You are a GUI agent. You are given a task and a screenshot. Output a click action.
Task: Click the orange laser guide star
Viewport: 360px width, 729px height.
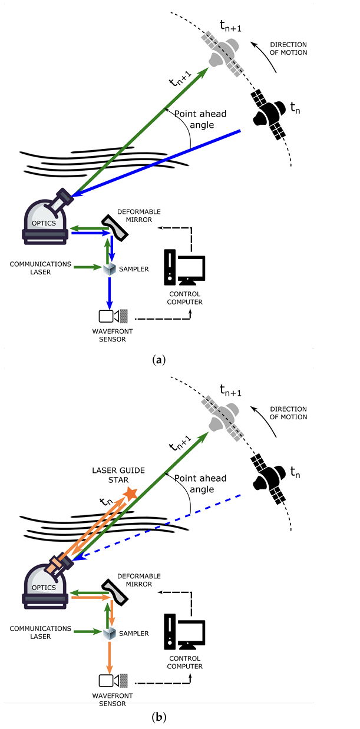pos(131,493)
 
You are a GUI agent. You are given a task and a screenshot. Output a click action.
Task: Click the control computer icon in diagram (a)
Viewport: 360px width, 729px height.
pos(184,269)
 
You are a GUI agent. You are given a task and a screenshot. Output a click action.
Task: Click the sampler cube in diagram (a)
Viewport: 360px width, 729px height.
pos(109,269)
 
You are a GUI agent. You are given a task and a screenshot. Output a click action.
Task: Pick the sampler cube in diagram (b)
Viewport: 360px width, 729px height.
pos(109,634)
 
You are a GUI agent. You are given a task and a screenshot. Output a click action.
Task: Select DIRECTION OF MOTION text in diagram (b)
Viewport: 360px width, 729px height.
pos(289,413)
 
